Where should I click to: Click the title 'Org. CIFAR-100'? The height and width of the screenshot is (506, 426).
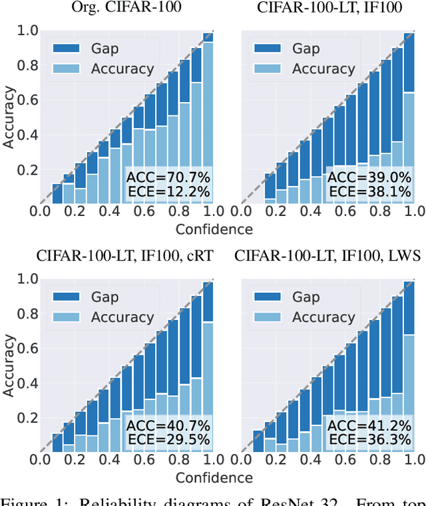pos(126,9)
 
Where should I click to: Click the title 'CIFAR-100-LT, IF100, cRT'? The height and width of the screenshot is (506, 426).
pos(126,257)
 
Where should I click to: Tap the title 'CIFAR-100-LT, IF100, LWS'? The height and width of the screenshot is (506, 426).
pos(330,257)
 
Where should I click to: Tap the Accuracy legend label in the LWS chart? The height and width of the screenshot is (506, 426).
pos(324,317)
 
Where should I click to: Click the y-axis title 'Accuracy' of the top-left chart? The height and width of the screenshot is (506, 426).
pos(9,114)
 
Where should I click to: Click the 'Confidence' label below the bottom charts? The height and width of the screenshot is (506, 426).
pos(214,478)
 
